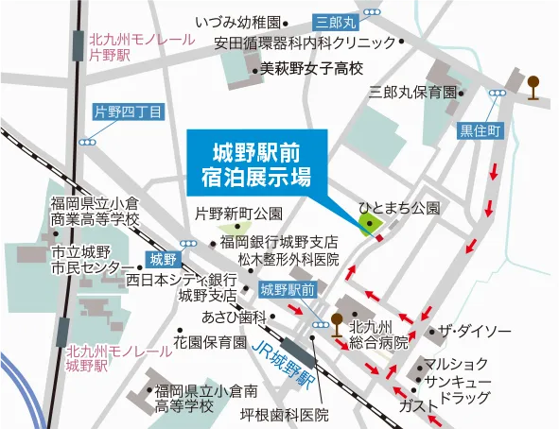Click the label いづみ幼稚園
point(239,21)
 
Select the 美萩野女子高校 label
point(311,69)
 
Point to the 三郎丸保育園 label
point(412,93)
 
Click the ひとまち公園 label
point(399,206)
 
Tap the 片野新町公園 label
point(238,213)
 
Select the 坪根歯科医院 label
point(284,415)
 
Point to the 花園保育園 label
point(209,341)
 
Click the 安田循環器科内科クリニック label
point(304,43)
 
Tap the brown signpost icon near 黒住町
point(534,86)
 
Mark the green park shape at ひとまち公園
point(366,224)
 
